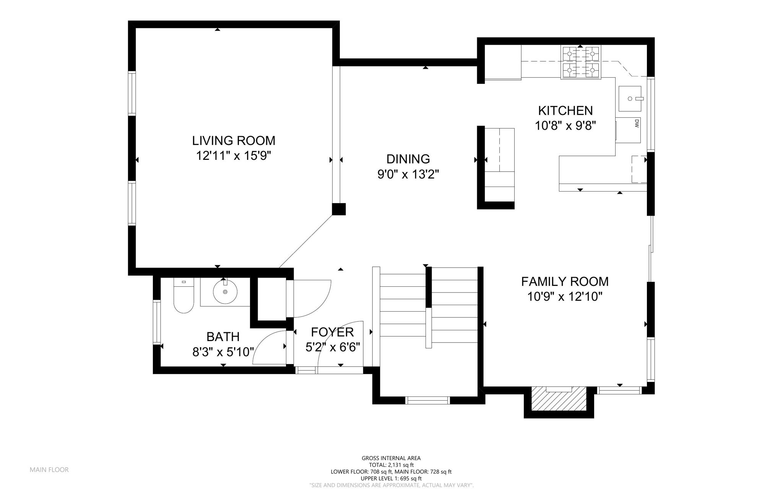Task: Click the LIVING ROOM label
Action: pos(234,141)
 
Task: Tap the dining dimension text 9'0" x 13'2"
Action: pos(408,174)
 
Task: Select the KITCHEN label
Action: pos(565,110)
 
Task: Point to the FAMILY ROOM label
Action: pos(565,281)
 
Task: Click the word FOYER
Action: pos(332,332)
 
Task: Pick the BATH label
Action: pos(223,336)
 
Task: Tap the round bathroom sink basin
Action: pos(225,291)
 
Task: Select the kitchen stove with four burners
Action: pos(580,62)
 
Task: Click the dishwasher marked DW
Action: pos(628,130)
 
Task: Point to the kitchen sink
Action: pos(630,99)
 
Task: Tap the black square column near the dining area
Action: pos(339,209)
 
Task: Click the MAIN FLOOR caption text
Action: pos(49,470)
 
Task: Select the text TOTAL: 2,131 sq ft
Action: pos(391,465)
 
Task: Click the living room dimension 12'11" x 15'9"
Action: pos(234,156)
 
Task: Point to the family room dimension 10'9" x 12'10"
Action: pos(565,297)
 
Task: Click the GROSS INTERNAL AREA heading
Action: pos(391,458)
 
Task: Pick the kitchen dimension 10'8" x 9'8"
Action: pos(565,126)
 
